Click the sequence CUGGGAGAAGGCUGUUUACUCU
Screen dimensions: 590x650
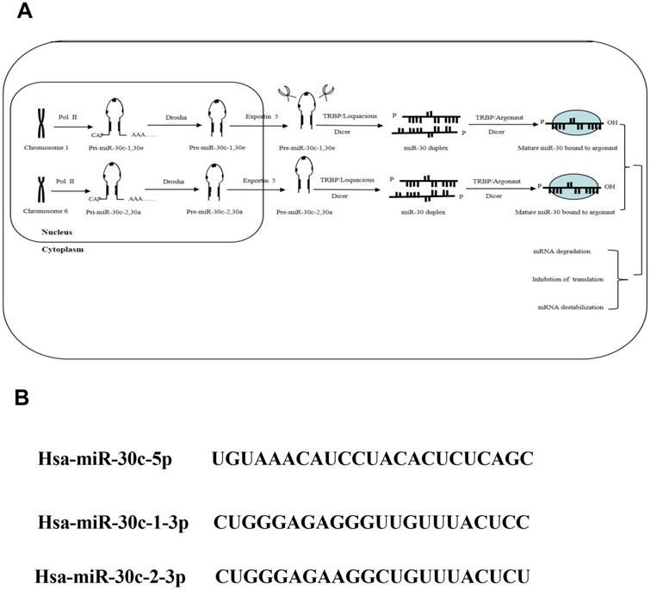[371, 575]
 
